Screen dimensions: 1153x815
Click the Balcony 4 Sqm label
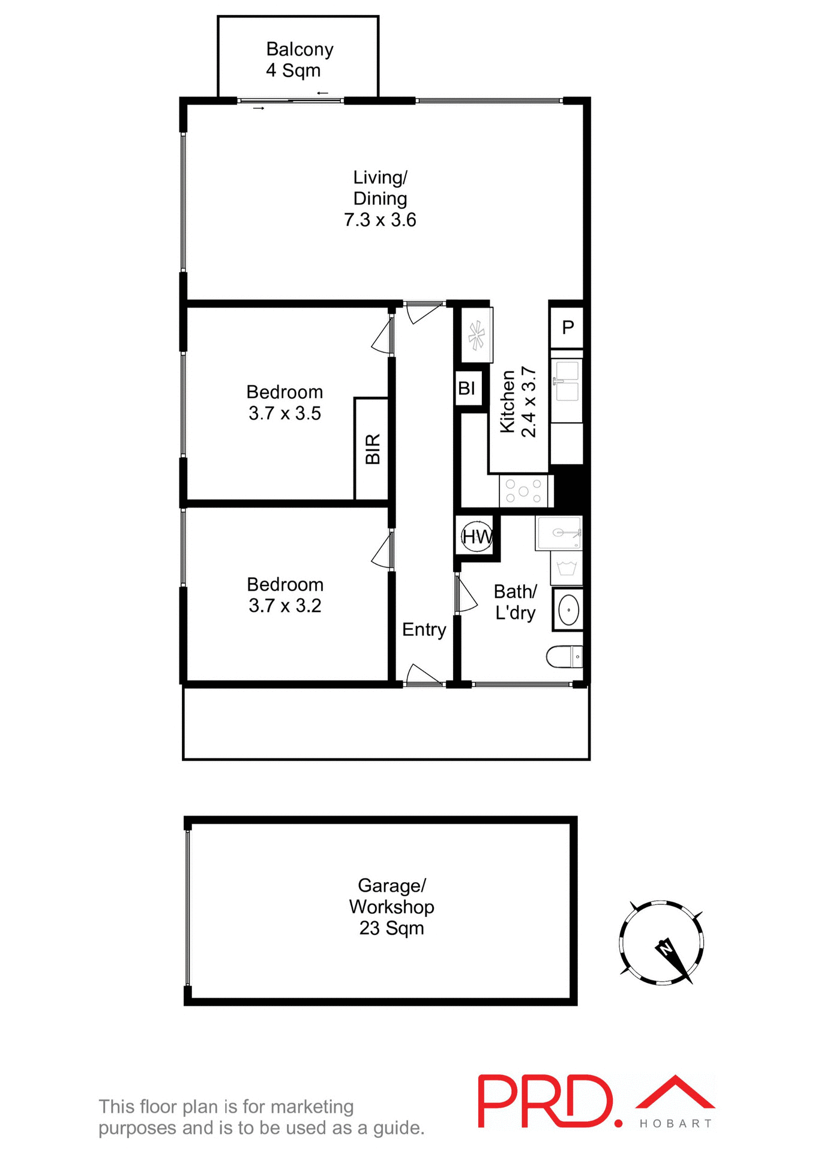click(x=299, y=59)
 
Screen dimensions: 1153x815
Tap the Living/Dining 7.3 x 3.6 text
click(x=380, y=199)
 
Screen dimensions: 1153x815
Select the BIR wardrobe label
click(x=373, y=449)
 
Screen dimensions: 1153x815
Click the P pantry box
click(x=567, y=327)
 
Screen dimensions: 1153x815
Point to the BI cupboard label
click(x=467, y=389)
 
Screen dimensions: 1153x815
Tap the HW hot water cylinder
click(x=477, y=536)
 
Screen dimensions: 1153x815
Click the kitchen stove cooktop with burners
click(x=523, y=491)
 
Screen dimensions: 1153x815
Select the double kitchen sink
click(x=567, y=381)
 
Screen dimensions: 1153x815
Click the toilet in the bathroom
click(x=565, y=656)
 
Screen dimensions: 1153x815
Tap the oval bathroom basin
click(x=568, y=610)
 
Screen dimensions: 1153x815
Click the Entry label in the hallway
click(x=424, y=629)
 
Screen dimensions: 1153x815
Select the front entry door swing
click(x=424, y=675)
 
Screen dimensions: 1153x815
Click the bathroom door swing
click(x=466, y=595)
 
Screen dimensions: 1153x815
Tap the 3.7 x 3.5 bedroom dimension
click(x=284, y=413)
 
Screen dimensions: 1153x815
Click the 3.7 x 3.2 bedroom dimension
click(x=284, y=605)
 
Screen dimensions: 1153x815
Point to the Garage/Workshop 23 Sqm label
click(x=391, y=907)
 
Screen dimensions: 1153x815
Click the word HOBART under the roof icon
click(x=676, y=1124)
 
